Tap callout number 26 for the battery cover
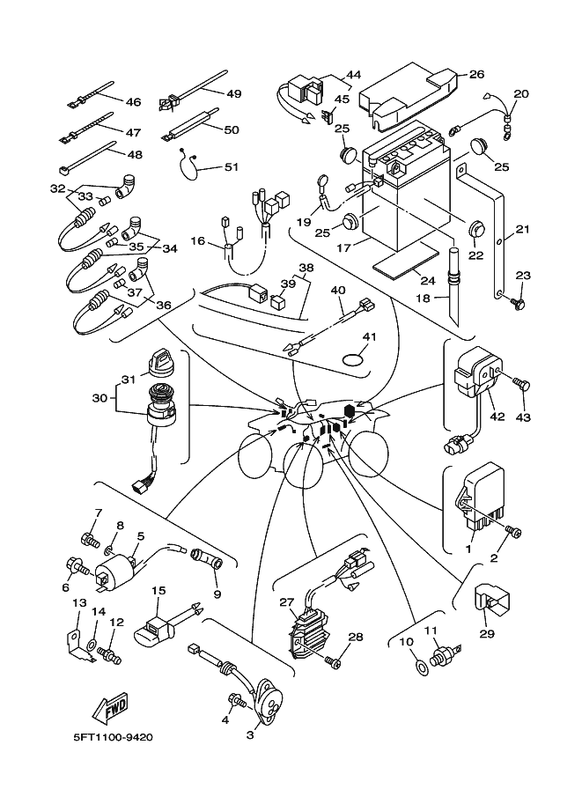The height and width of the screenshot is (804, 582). pos(476,74)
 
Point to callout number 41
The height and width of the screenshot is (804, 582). pos(371,336)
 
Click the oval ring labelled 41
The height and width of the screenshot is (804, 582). pos(354,360)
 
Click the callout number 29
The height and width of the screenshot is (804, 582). pos(486,633)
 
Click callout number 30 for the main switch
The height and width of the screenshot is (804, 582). pos(101,397)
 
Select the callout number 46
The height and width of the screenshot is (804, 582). pos(133,102)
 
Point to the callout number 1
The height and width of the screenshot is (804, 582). pos(468,548)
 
